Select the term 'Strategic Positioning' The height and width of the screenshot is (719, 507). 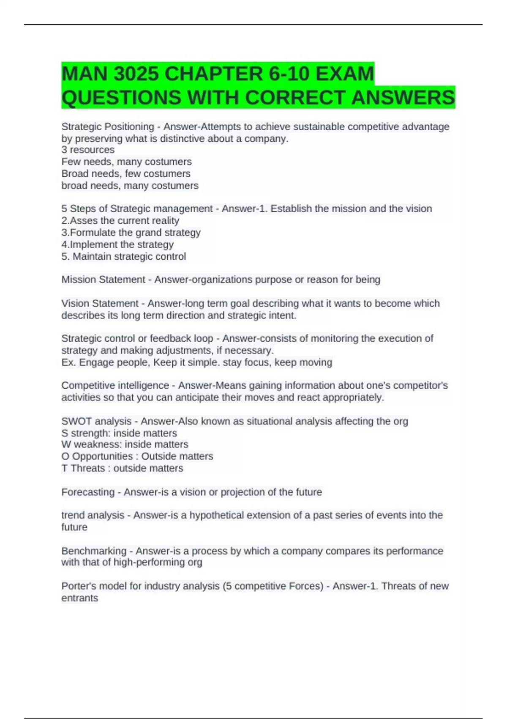[108, 126]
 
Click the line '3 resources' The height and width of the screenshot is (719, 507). [88, 150]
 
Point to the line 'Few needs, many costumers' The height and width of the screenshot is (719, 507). [126, 162]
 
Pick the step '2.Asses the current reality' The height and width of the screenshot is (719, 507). [120, 220]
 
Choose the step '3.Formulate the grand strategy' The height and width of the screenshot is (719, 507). [131, 232]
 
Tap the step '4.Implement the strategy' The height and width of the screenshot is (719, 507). [117, 244]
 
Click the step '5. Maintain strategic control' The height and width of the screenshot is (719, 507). [124, 256]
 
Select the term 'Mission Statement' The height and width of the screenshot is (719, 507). [103, 280]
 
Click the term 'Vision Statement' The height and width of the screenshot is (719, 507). [100, 303]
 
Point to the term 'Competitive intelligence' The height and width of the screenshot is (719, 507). [115, 385]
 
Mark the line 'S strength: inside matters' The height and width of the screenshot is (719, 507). [119, 433]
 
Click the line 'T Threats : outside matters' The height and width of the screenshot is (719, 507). [122, 468]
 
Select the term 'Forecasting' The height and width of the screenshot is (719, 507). [88, 492]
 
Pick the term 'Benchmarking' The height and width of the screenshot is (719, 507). [94, 551]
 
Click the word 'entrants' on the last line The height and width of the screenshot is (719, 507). [80, 598]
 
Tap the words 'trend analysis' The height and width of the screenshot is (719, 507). [93, 515]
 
